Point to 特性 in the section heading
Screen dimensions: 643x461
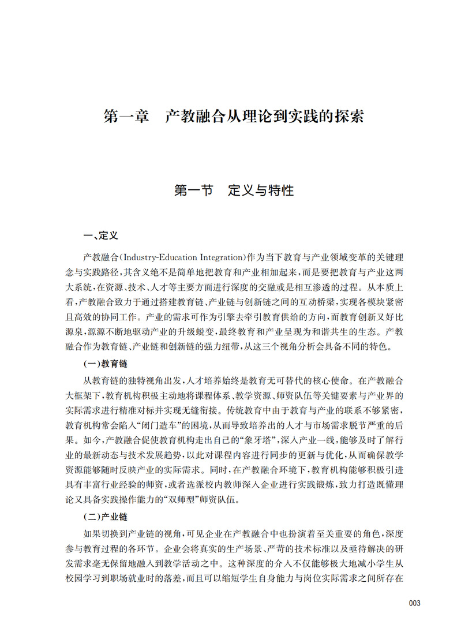281,190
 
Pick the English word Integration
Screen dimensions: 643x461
212,256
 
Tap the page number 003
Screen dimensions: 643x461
414,603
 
